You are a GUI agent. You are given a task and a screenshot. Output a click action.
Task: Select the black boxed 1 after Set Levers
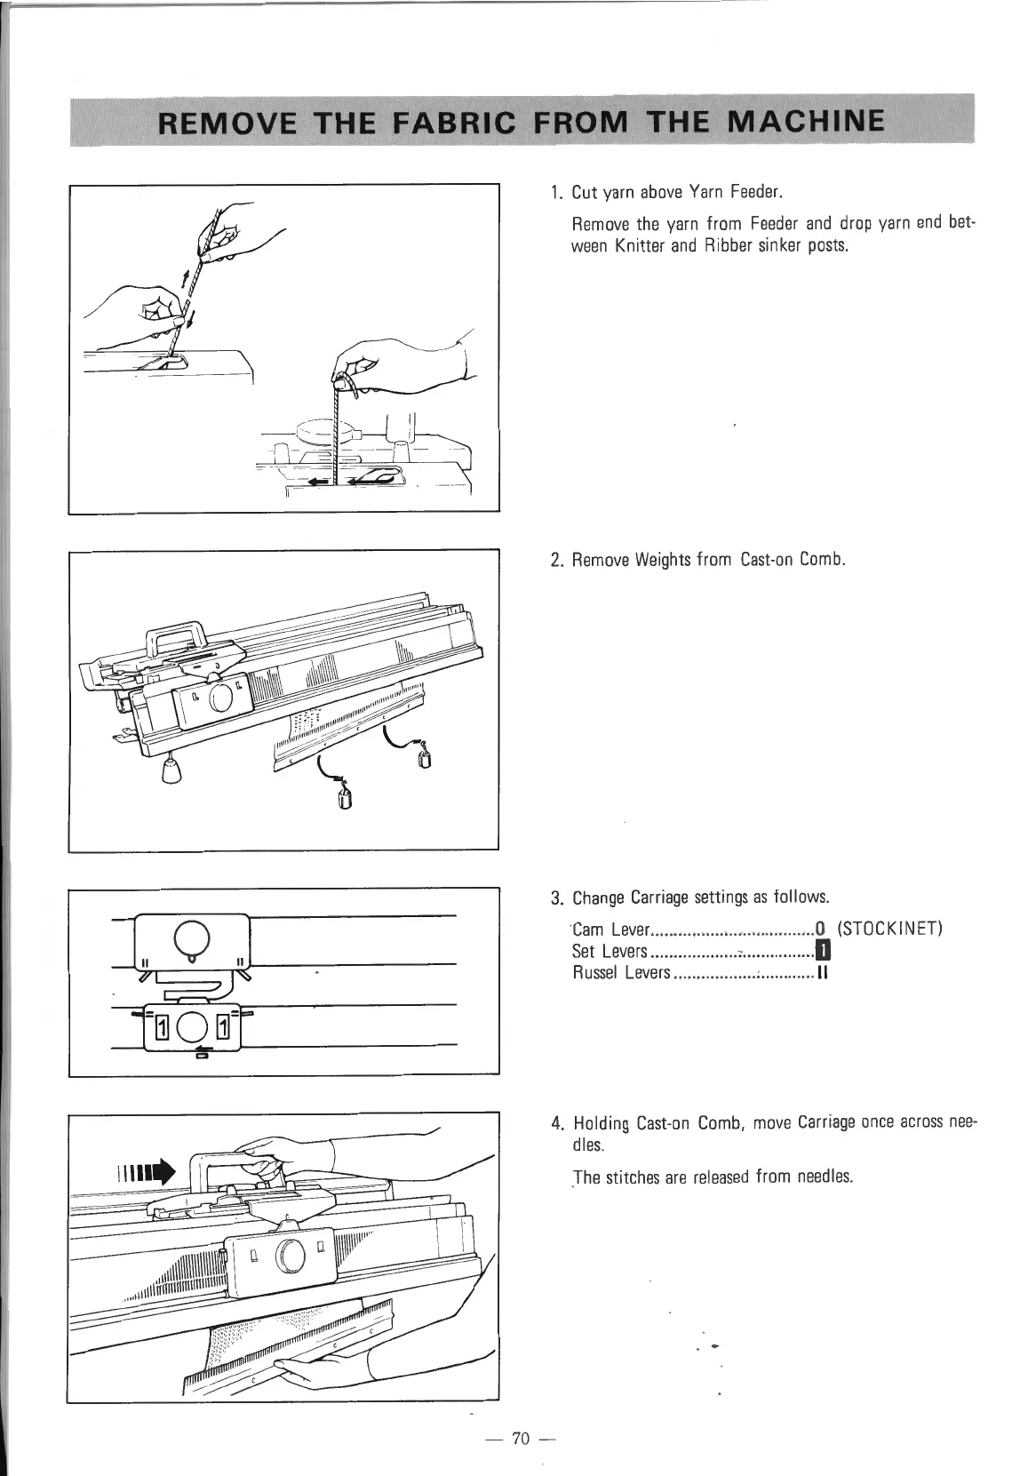pyautogui.click(x=823, y=952)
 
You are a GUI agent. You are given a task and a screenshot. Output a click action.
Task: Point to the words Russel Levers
pyautogui.click(x=620, y=973)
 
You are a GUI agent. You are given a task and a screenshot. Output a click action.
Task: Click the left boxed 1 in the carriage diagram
pyautogui.click(x=162, y=1029)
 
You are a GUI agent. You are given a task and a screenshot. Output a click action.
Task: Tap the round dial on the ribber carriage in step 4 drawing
pyautogui.click(x=289, y=1254)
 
